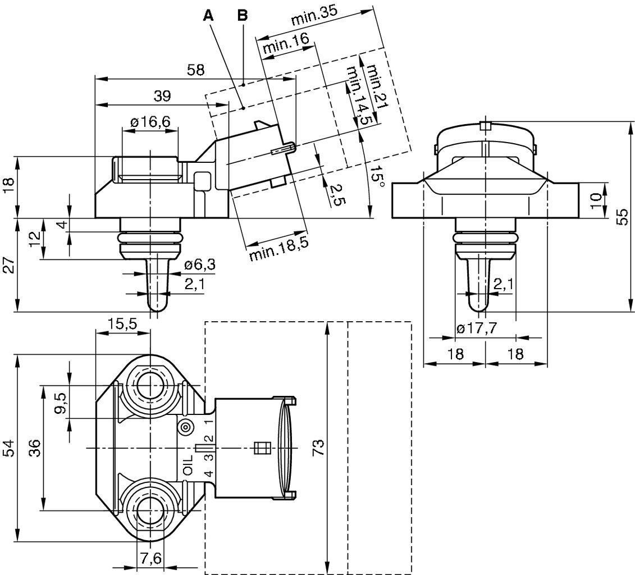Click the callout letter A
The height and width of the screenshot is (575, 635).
click(x=208, y=15)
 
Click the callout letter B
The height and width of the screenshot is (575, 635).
click(x=242, y=15)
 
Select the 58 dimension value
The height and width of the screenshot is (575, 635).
click(x=195, y=70)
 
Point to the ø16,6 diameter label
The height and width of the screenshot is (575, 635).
click(x=150, y=122)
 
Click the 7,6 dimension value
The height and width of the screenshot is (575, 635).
click(x=150, y=559)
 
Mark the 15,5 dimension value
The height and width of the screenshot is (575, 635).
click(x=123, y=323)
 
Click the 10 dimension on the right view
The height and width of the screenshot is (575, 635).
click(x=596, y=198)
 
